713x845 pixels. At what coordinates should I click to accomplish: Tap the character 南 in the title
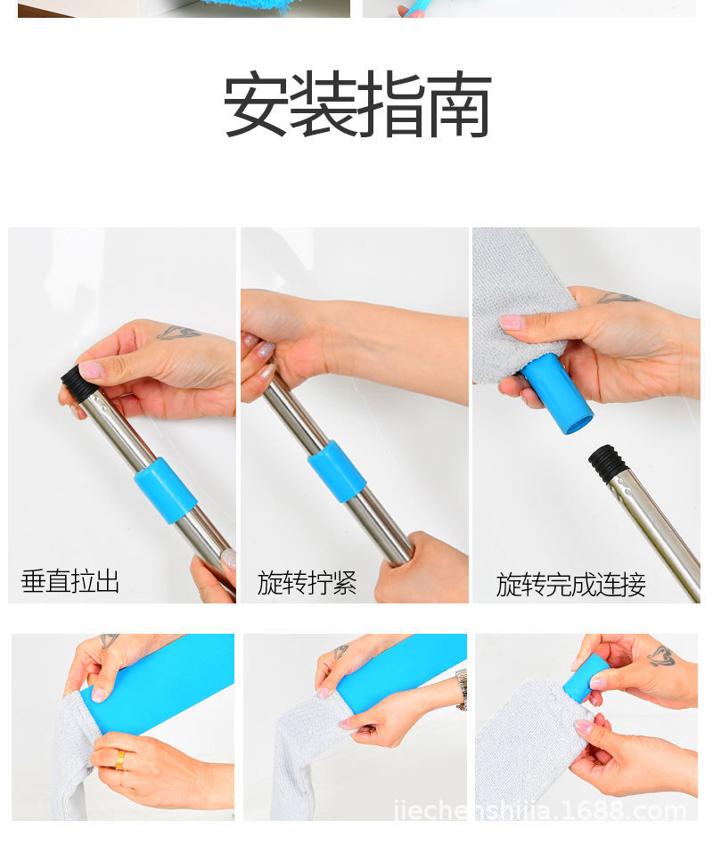click(459, 105)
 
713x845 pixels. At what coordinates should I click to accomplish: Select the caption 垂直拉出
click(70, 582)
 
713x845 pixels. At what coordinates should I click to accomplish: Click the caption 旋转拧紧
click(307, 583)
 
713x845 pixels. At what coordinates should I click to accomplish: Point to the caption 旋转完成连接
click(570, 585)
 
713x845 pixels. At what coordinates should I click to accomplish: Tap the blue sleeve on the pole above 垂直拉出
click(165, 490)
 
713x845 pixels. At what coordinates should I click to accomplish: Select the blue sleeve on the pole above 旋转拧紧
click(337, 471)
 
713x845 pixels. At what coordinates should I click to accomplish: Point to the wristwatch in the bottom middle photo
click(462, 689)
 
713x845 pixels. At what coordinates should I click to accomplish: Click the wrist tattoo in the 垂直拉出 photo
click(178, 332)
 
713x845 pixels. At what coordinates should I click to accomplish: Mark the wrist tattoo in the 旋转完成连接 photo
click(618, 298)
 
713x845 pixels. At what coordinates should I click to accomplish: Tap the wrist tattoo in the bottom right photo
click(660, 656)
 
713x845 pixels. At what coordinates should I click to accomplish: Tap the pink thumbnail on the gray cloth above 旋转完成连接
click(512, 322)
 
